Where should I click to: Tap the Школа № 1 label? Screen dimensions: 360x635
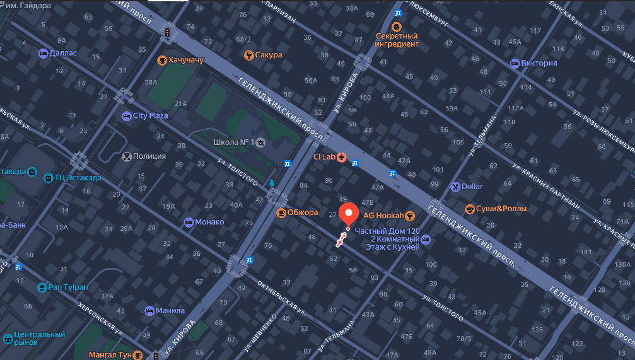(x=234, y=142)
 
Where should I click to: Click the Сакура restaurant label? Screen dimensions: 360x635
(x=269, y=55)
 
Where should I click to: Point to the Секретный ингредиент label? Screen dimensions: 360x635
(x=397, y=40)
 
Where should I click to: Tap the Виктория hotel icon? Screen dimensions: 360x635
(x=514, y=63)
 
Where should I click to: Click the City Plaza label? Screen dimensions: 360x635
(x=150, y=116)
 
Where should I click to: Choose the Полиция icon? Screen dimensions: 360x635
(x=126, y=156)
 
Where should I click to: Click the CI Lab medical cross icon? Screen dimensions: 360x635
(x=342, y=156)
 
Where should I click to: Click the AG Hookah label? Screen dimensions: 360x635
(x=383, y=216)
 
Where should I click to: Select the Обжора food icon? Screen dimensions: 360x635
(x=281, y=212)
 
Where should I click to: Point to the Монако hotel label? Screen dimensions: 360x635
(x=209, y=222)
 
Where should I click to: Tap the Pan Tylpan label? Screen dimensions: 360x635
(x=68, y=287)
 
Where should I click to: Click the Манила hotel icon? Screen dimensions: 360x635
(x=149, y=311)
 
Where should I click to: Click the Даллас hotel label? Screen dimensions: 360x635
(x=62, y=53)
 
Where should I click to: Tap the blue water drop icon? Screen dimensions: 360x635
(x=272, y=182)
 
